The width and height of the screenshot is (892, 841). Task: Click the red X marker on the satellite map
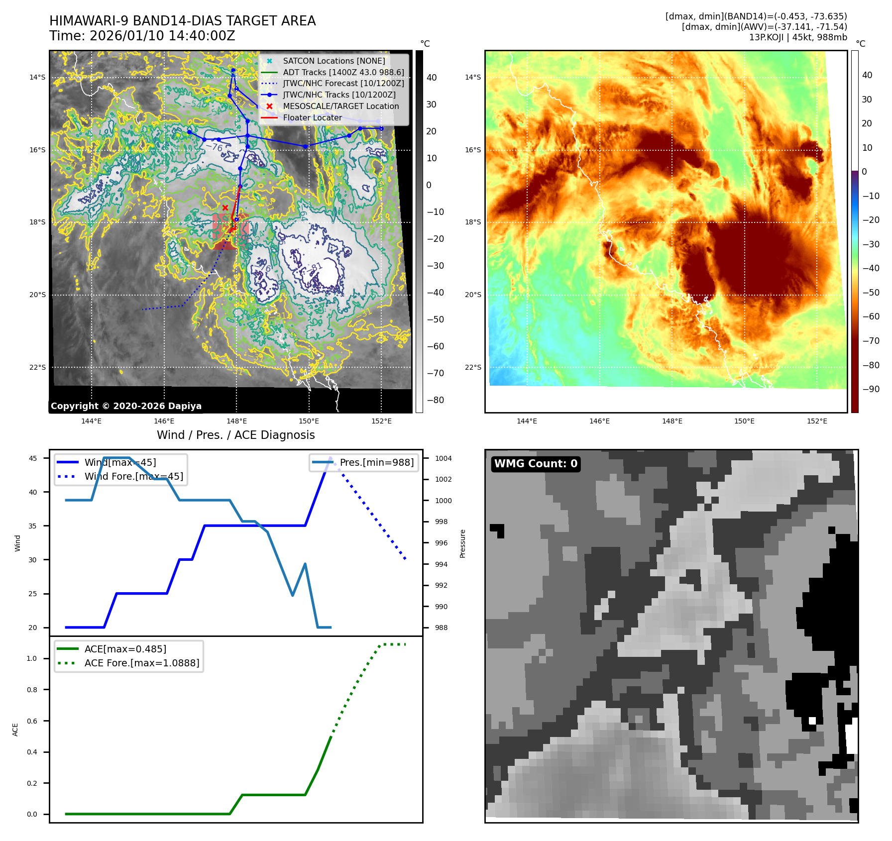(225, 208)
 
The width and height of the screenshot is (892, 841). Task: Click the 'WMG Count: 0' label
(536, 464)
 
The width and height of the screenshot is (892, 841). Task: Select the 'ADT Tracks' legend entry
(343, 72)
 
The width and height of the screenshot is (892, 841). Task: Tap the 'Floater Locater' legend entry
(312, 118)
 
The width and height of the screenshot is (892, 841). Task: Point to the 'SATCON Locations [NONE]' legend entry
(334, 61)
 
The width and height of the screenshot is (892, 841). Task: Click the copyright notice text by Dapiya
(126, 406)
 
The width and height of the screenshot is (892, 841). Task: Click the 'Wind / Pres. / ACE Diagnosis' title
(235, 435)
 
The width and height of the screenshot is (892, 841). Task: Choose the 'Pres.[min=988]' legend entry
(376, 462)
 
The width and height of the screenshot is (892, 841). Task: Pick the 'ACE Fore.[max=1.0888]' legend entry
(141, 663)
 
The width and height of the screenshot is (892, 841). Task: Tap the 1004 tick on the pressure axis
(444, 458)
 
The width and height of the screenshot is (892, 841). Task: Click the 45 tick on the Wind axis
(33, 458)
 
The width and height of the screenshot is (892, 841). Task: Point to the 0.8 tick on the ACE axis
(32, 690)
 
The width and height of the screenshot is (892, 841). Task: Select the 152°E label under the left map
(381, 421)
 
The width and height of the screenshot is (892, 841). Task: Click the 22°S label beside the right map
(473, 367)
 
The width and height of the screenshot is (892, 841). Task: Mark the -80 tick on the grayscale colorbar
(436, 400)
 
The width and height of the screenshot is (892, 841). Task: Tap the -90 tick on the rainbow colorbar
(871, 389)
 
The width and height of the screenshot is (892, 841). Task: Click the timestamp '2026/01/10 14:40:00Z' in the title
(162, 36)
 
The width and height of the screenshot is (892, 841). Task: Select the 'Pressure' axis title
(463, 543)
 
